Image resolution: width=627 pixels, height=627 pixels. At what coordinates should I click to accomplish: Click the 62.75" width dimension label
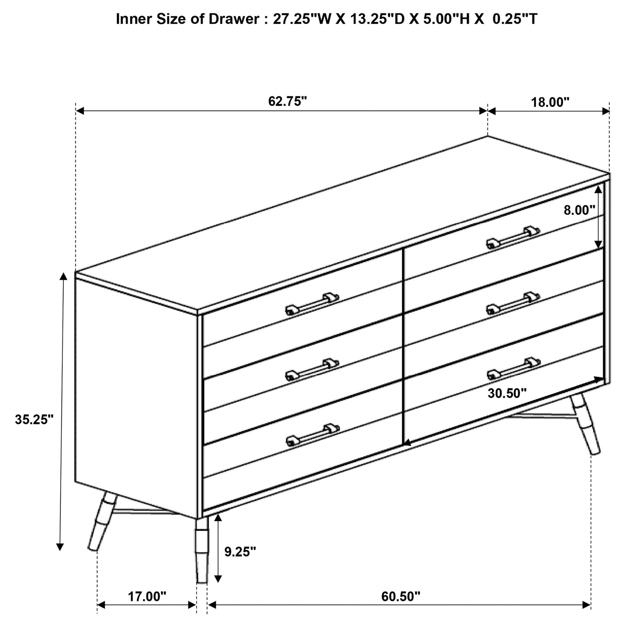pos(287,101)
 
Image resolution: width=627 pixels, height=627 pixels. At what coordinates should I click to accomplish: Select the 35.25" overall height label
pos(34,420)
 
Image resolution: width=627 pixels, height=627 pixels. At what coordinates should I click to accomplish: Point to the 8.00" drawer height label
pos(579,210)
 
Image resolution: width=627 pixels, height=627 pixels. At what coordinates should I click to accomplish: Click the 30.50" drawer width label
pos(507,393)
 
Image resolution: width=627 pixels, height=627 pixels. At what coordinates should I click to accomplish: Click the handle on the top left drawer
pos(312,304)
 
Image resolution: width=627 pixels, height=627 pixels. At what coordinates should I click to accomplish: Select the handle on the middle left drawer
pos(312,369)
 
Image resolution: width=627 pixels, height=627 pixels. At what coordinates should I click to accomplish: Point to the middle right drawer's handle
pos(512,303)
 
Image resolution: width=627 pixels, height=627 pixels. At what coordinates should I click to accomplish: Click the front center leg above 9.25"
pos(202,549)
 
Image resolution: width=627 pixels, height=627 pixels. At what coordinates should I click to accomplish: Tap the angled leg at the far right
pos(585,423)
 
